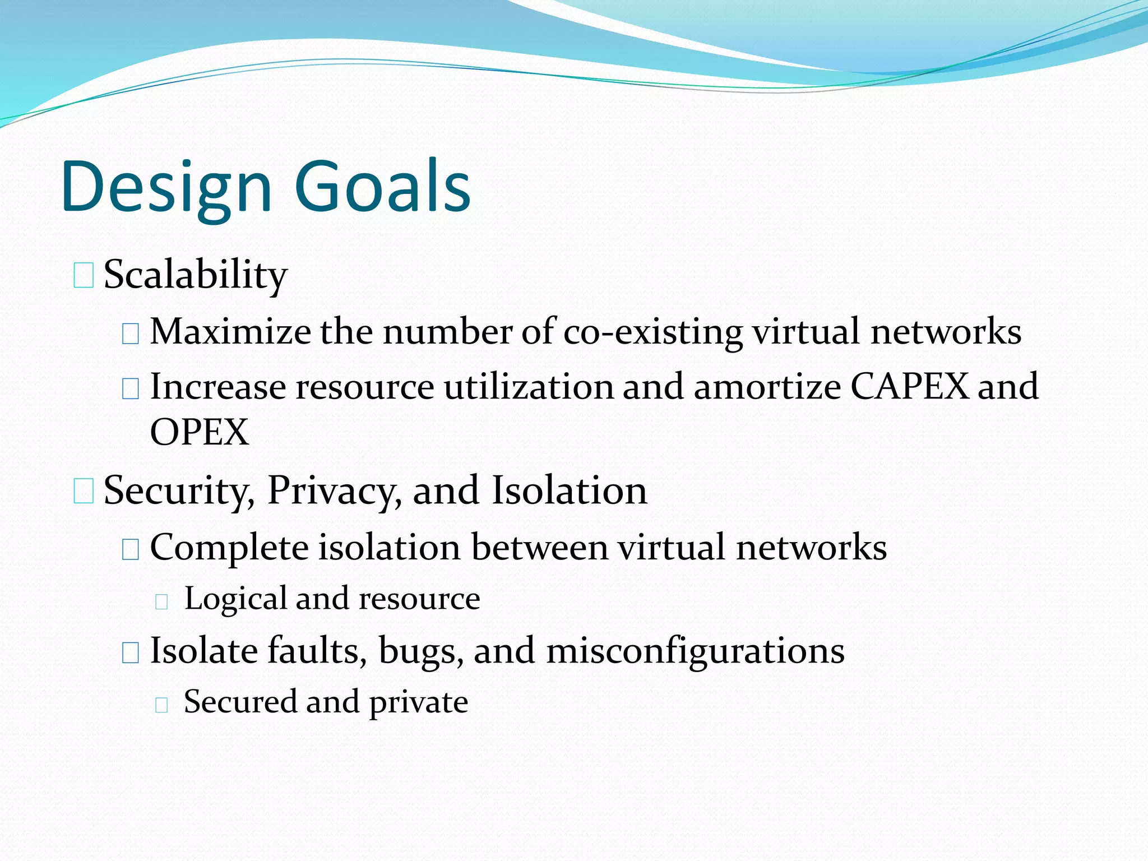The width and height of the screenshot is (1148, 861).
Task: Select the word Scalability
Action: (196, 275)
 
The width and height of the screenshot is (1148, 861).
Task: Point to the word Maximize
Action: (230, 331)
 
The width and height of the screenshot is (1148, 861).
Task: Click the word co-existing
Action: (652, 332)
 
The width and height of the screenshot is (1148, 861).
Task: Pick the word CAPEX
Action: (909, 386)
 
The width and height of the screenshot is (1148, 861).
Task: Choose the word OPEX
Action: (200, 432)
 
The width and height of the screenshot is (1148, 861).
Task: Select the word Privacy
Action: (334, 491)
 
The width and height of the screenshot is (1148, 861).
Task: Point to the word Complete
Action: (229, 548)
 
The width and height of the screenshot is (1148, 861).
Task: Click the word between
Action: (539, 547)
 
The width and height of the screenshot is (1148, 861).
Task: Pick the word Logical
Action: (236, 599)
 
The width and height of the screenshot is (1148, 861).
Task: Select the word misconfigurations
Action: (695, 651)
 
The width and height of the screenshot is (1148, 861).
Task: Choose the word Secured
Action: (240, 702)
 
